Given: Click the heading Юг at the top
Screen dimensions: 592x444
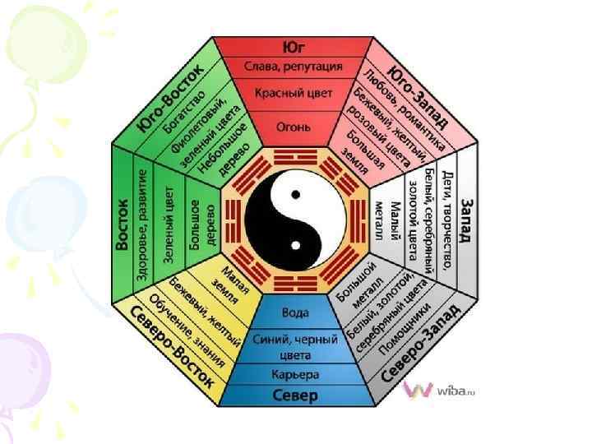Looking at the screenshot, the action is point(296,47).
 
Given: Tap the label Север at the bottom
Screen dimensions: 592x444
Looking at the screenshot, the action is point(295,396).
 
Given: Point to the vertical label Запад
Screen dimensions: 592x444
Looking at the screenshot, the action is point(466,221).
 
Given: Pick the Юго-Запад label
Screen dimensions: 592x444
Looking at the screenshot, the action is point(420,94).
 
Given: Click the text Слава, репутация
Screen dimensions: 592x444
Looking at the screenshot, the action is point(296,66).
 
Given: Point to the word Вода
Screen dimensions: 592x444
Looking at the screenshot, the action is point(296,313).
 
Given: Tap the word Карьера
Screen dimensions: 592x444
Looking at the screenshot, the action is point(296,374).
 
